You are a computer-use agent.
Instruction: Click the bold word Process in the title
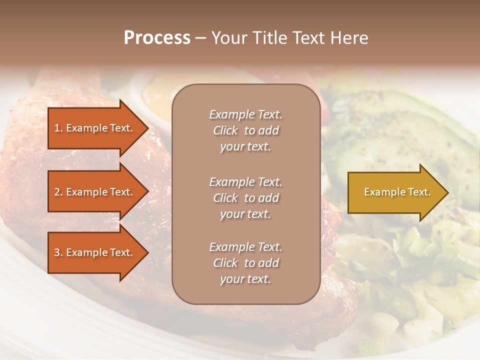coord(157,38)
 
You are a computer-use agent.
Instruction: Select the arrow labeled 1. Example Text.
coord(95,128)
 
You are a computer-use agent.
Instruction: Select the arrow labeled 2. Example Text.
coord(95,192)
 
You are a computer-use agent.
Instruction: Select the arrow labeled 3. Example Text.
coord(95,252)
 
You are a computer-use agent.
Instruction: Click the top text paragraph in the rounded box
coord(245,130)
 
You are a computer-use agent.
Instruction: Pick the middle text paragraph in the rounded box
coord(245,198)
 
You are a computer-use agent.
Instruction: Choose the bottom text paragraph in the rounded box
coord(245,263)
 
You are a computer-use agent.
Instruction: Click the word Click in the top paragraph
coord(225,130)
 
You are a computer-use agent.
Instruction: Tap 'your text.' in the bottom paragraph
coord(245,279)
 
